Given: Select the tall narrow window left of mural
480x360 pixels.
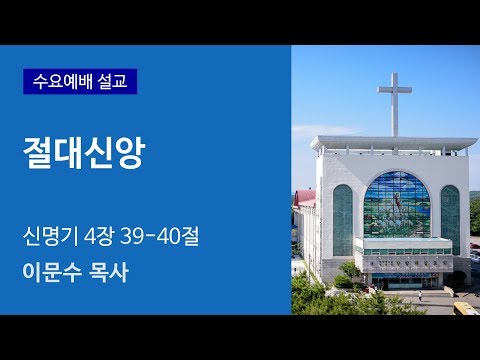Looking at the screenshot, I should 342,219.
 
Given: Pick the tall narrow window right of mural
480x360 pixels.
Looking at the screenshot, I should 450,219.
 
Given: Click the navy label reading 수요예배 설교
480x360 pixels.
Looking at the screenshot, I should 79,79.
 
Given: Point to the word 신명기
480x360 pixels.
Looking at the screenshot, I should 51,239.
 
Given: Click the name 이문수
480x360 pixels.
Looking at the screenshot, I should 51,271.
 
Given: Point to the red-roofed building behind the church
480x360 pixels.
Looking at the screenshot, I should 306,198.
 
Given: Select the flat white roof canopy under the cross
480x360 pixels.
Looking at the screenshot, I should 392,144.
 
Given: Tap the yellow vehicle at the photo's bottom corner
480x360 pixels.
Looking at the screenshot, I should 466,308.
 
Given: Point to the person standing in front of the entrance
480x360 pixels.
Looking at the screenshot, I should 421,297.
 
